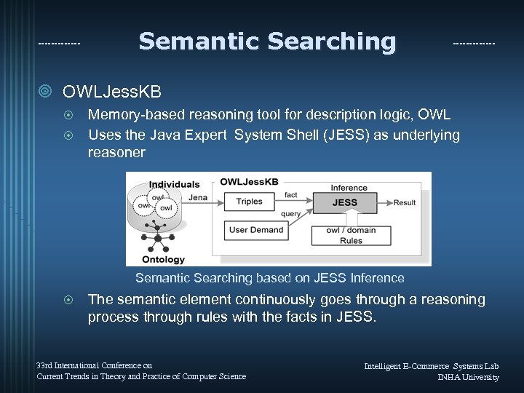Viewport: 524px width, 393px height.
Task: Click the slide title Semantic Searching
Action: pos(267,41)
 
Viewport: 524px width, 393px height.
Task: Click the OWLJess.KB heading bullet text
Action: pos(112,92)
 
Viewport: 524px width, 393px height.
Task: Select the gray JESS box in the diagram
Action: pos(344,202)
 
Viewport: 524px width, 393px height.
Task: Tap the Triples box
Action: pos(249,202)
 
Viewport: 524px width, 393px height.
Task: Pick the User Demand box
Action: pos(255,230)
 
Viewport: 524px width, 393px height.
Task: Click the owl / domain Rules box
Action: pos(351,235)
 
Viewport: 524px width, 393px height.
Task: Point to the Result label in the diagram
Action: pos(405,202)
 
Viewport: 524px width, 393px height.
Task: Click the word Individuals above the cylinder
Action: pos(175,185)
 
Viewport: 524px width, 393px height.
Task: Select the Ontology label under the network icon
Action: pos(163,259)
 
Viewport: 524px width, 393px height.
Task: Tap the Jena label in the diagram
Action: pos(197,197)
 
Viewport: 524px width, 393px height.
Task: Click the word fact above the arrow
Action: pos(291,195)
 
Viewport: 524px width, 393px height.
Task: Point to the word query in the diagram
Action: pos(290,214)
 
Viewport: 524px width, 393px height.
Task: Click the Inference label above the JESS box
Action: pos(349,188)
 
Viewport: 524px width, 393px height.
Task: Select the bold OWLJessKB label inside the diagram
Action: pos(250,181)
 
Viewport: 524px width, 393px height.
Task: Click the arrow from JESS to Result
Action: pos(384,202)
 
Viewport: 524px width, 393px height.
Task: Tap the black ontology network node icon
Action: pos(156,237)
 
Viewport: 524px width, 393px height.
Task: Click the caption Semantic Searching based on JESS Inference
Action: pos(269,278)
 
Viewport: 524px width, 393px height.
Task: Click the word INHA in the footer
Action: pos(451,377)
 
